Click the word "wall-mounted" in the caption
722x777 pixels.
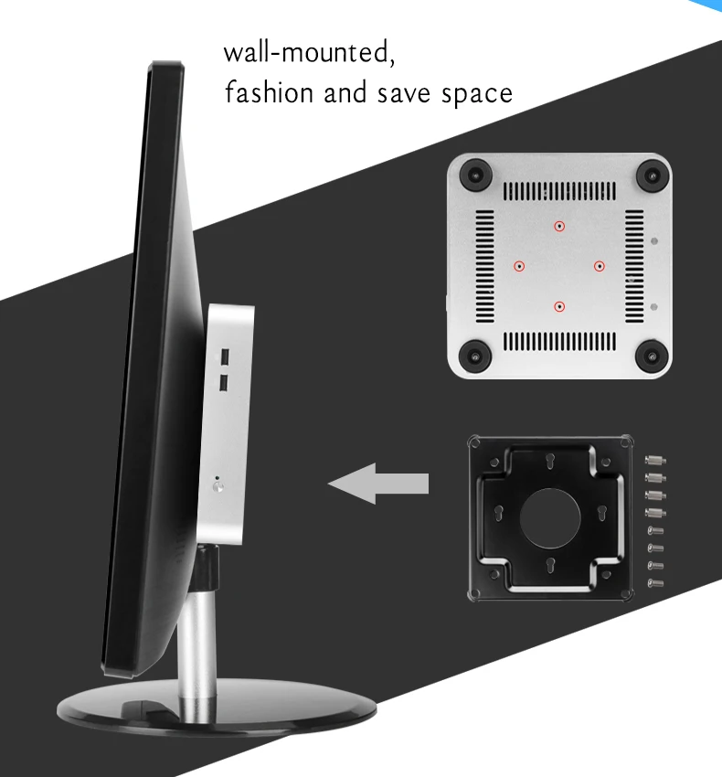tap(309, 52)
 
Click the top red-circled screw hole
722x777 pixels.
tap(559, 225)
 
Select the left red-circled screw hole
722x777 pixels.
tap(519, 266)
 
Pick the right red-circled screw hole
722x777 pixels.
tap(600, 266)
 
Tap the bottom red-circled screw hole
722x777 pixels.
tap(559, 306)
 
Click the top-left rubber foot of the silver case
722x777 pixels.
tap(473, 173)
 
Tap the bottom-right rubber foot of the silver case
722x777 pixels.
tap(651, 355)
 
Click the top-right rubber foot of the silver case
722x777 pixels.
tap(651, 173)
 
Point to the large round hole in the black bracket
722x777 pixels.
tap(550, 516)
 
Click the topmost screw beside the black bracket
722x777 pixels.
tap(653, 458)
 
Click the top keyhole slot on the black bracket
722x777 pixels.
tap(550, 463)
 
